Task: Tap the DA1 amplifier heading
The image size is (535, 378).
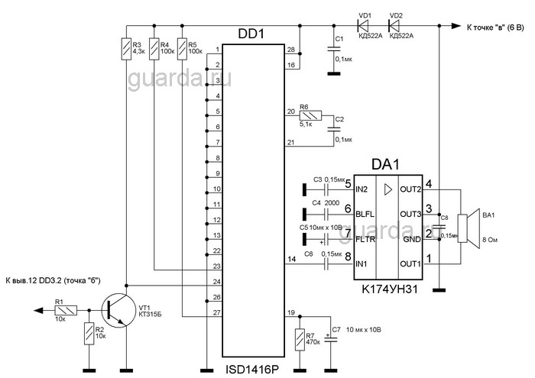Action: click(x=385, y=165)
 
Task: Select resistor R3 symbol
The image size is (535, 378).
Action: click(x=125, y=50)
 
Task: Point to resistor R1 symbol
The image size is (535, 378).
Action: click(x=67, y=311)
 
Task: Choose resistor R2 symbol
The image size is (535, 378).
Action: click(x=90, y=334)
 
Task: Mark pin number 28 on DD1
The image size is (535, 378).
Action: click(x=290, y=50)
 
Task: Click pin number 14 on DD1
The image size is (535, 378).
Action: click(x=290, y=260)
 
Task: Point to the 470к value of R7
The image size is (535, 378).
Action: click(x=313, y=343)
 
